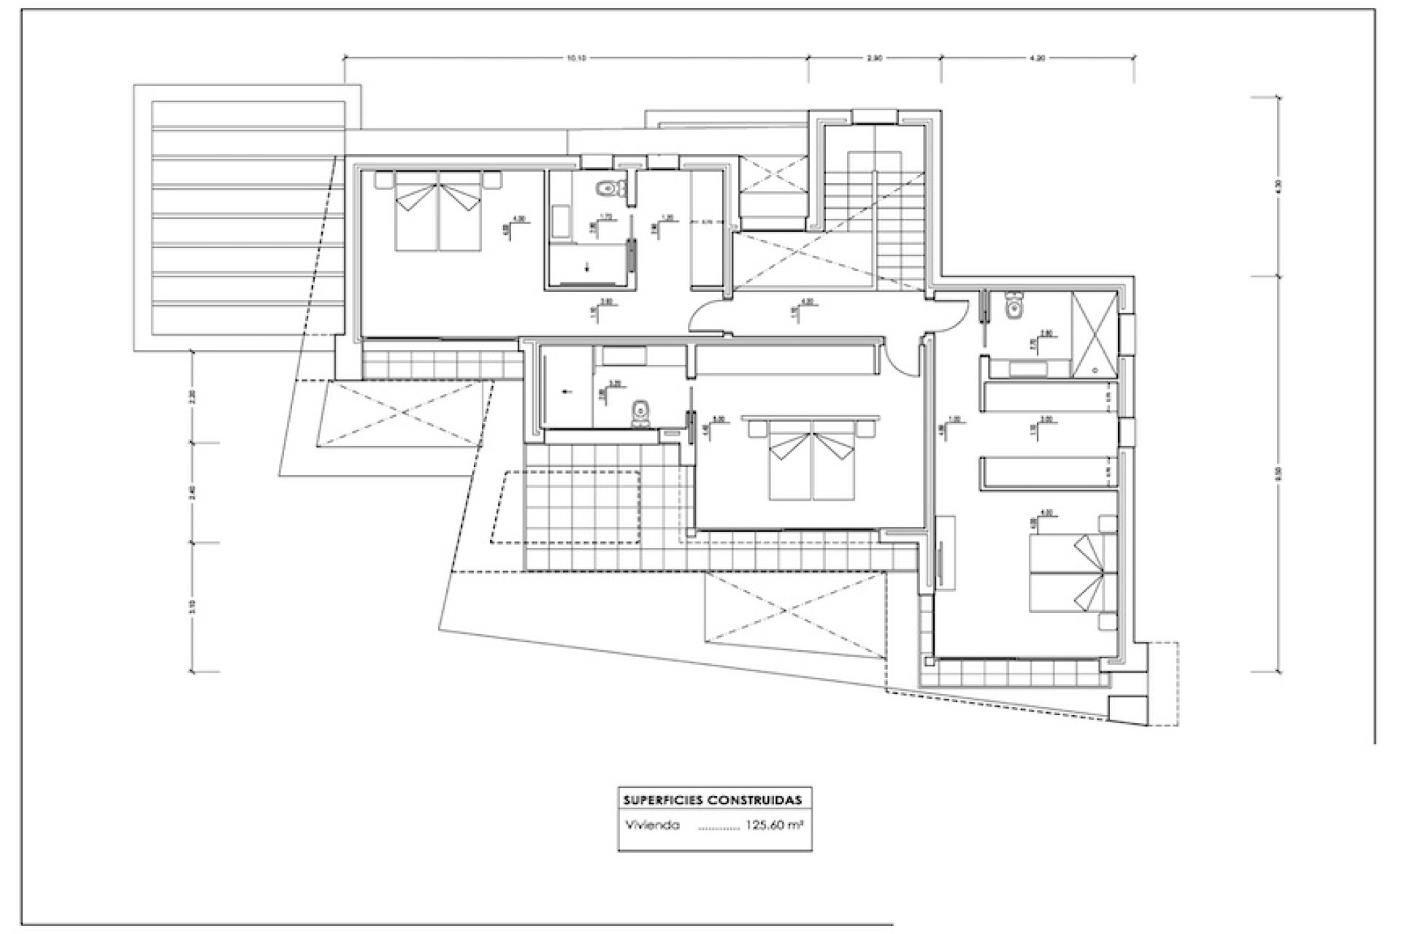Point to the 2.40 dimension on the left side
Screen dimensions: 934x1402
click(x=193, y=493)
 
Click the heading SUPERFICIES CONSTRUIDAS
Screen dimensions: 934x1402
click(x=712, y=800)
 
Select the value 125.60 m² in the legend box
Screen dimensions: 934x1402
click(x=774, y=826)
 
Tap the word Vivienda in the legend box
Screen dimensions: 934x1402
click(x=652, y=826)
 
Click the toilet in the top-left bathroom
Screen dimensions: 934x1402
click(x=608, y=190)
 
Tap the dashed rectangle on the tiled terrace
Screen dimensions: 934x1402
click(x=566, y=507)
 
